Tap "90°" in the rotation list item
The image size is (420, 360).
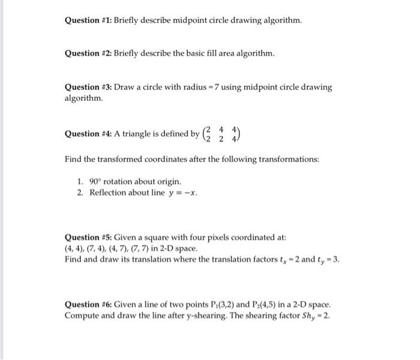(x=97, y=181)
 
